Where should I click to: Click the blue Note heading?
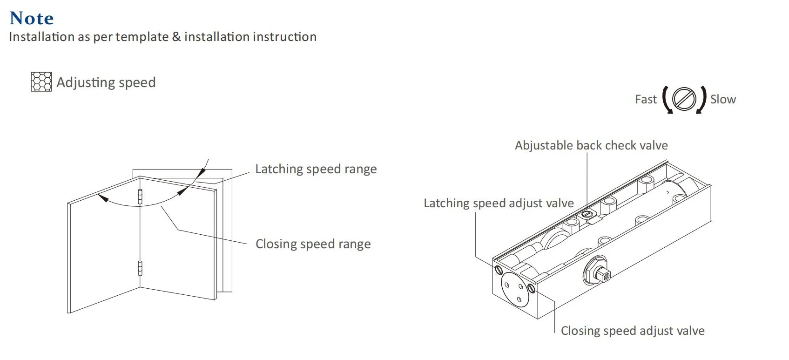click(x=32, y=18)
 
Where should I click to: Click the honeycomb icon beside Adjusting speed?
click(x=41, y=82)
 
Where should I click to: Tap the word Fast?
click(x=646, y=99)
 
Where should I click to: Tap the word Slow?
click(x=723, y=99)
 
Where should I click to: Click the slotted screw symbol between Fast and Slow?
click(x=684, y=99)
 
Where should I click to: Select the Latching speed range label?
click(x=316, y=169)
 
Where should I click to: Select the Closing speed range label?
click(x=313, y=244)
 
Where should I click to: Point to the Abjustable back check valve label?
click(x=591, y=145)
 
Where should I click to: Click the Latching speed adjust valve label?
click(x=499, y=203)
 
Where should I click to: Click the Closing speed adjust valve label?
click(x=633, y=331)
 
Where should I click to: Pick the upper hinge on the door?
click(x=140, y=197)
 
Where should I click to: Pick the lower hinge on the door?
click(x=140, y=268)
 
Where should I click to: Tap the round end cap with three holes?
click(x=515, y=290)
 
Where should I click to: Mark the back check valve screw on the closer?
click(x=587, y=214)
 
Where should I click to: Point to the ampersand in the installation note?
click(x=176, y=37)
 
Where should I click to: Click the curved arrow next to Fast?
click(x=667, y=100)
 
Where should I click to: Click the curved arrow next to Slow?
click(x=702, y=100)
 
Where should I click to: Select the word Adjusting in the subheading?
click(x=86, y=82)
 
